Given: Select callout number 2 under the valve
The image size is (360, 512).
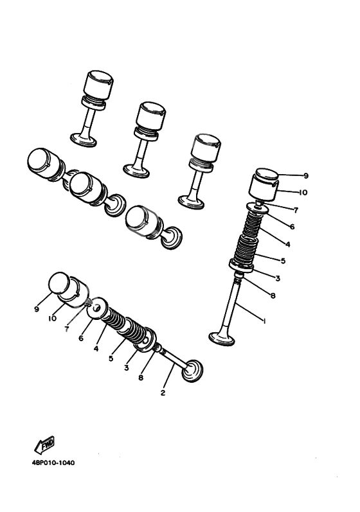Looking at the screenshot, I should pos(163,392).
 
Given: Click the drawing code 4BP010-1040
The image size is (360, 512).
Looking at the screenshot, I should pos(50,463).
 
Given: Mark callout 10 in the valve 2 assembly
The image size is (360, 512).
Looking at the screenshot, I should pos(54,319).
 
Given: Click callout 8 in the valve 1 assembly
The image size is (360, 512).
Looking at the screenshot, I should pos(273,296).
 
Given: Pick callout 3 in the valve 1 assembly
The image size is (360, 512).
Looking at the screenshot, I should pos(277,278).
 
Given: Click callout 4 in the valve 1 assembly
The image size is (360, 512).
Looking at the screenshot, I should pos(287,244).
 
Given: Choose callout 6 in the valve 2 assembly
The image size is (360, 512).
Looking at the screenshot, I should pos(82,338).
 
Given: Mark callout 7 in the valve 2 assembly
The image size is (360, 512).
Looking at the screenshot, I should pos(67,329).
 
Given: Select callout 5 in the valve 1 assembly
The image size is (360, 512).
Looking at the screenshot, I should pos(283,261).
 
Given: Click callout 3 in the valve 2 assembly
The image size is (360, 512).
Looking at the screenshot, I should pos(127,368).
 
